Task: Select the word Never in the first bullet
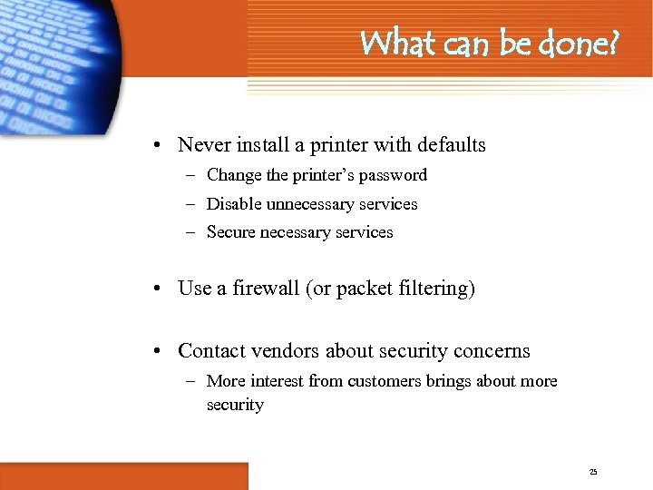click(x=203, y=145)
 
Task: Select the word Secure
click(x=231, y=232)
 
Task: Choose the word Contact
click(x=210, y=351)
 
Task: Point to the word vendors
click(x=284, y=351)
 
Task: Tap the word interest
click(x=278, y=381)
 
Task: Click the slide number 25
click(x=593, y=472)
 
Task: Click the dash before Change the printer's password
click(x=193, y=175)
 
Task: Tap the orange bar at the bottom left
click(x=123, y=475)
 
